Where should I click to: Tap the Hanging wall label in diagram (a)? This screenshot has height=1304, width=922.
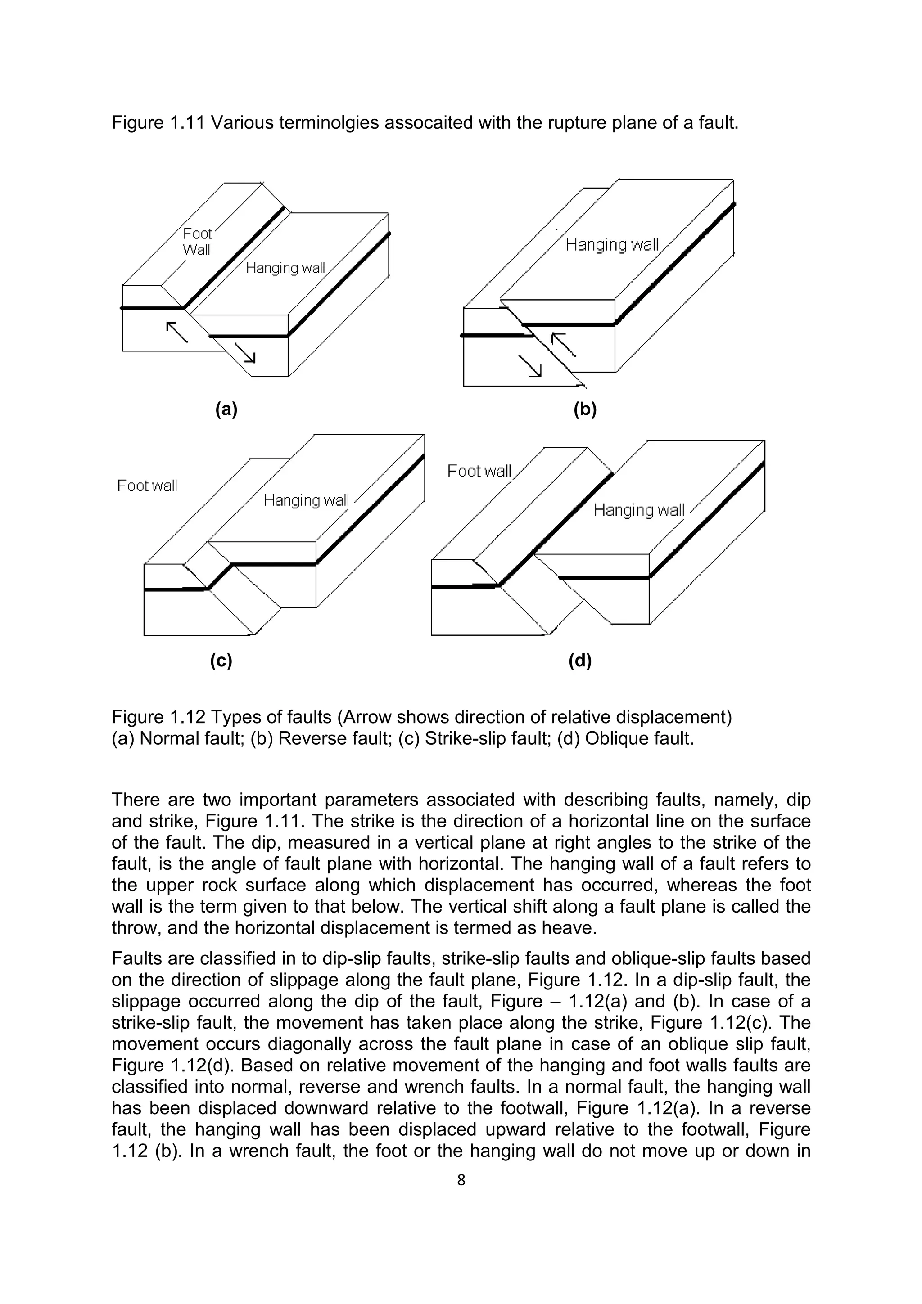(285, 268)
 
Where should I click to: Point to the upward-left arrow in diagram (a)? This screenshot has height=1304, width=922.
(176, 332)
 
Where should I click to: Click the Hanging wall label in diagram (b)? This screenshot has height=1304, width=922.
(612, 245)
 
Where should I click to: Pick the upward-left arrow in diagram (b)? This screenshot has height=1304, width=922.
(564, 344)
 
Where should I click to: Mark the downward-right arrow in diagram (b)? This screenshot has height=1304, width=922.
(530, 365)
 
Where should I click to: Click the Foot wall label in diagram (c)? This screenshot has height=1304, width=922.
(147, 486)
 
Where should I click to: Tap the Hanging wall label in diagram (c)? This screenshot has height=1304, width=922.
(306, 500)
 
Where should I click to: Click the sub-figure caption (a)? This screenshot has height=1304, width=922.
(226, 409)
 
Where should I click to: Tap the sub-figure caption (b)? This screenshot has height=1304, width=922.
(585, 409)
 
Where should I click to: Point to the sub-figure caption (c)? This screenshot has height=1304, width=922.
(221, 661)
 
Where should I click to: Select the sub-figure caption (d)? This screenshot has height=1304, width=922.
(580, 661)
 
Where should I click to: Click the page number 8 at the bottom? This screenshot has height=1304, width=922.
(461, 1180)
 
